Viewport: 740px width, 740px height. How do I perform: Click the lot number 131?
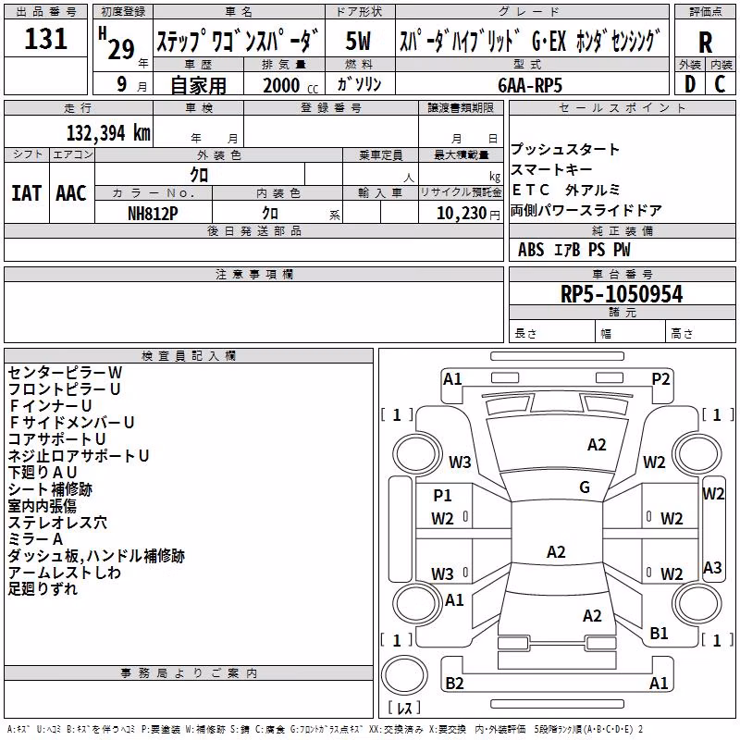pos(45,38)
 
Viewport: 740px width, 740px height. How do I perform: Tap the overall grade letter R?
pos(705,43)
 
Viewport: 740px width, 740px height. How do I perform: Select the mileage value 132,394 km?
pos(108,133)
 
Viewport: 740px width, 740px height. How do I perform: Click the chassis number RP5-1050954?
pos(622,294)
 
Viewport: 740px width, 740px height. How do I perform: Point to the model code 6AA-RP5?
pos(530,85)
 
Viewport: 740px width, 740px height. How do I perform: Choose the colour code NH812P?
pos(153,214)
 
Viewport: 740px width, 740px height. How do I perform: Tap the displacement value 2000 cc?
pos(290,85)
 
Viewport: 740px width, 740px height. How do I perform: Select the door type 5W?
pos(358,41)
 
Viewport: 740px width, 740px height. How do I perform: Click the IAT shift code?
pos(27,193)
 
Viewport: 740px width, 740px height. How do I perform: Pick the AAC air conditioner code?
pos(71,193)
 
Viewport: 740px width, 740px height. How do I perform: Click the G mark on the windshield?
pos(585,487)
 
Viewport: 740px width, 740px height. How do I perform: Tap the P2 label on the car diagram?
pos(660,379)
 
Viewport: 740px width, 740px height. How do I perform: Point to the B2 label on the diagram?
pos(454,683)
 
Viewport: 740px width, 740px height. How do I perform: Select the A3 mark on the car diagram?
pos(712,567)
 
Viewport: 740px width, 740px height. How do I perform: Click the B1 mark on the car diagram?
pos(659,633)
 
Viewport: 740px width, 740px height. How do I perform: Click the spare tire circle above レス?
pos(404,674)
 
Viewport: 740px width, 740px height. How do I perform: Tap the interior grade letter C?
pos(721,84)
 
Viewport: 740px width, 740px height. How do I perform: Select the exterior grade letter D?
pos(690,84)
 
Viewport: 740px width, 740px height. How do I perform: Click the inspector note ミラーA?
pos(35,539)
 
